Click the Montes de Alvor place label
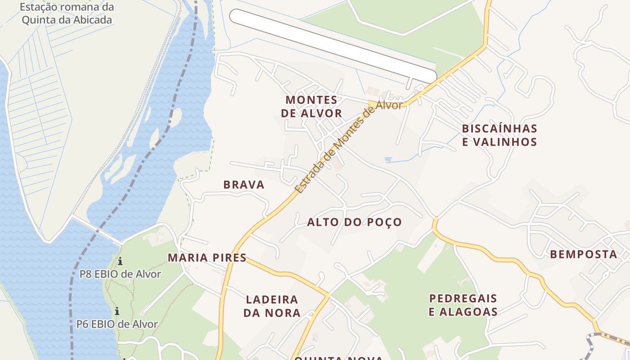(311, 106)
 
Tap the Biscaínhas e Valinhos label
(499, 135)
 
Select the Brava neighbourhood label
(244, 184)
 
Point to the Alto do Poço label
(354, 222)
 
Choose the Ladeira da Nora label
(272, 306)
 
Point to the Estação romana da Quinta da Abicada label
(67, 13)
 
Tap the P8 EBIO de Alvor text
(120, 274)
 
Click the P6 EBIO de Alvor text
(117, 324)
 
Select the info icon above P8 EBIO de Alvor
(120, 261)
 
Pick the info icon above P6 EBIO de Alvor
(117, 311)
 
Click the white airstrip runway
(333, 45)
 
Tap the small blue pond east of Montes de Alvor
(388, 159)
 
